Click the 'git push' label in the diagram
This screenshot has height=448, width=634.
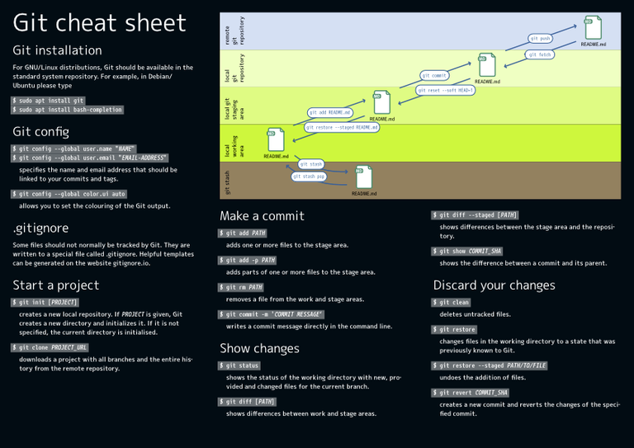(x=540, y=38)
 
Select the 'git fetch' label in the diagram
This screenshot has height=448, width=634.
(x=539, y=54)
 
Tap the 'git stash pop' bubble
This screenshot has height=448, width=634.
(x=309, y=176)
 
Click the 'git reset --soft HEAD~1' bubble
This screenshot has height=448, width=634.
(x=445, y=90)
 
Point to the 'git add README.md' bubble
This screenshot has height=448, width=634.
(x=329, y=112)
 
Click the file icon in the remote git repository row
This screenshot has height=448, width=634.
(x=593, y=27)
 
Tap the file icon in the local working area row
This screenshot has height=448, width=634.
(x=276, y=139)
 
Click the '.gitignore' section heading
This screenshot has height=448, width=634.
(x=40, y=227)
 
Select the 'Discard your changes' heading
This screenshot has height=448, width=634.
(x=494, y=285)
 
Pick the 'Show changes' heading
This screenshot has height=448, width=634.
(x=259, y=348)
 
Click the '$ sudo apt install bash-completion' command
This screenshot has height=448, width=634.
(x=68, y=109)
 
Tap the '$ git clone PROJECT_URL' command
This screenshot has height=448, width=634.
(x=50, y=347)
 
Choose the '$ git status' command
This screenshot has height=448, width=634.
(x=240, y=365)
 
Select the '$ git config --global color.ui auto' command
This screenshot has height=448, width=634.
(x=69, y=194)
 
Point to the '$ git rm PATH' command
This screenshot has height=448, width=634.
(x=241, y=287)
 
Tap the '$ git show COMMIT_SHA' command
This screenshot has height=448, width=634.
(x=467, y=251)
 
